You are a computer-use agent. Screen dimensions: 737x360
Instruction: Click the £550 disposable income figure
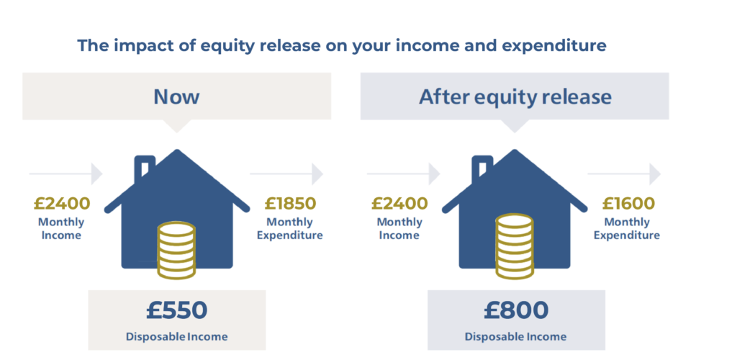(x=177, y=311)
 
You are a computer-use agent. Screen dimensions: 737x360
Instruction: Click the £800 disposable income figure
(x=516, y=310)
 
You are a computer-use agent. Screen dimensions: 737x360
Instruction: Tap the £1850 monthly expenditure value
(x=290, y=204)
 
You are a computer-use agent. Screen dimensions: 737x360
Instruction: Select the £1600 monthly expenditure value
(x=628, y=204)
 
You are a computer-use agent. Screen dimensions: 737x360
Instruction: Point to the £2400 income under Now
(x=62, y=204)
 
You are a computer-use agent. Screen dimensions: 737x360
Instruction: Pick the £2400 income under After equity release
(x=399, y=204)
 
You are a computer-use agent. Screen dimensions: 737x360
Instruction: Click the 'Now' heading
(x=177, y=96)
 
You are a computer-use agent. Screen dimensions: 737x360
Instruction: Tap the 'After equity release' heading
(x=515, y=96)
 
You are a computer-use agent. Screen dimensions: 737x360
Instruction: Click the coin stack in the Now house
(x=176, y=250)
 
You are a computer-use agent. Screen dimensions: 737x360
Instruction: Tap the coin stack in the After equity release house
(x=515, y=246)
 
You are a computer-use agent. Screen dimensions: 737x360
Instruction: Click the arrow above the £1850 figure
(x=286, y=174)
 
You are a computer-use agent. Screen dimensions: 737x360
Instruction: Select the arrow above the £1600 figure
(x=624, y=174)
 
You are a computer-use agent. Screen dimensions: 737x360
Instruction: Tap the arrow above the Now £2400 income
(x=65, y=174)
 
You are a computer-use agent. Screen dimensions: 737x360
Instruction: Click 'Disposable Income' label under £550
(x=177, y=337)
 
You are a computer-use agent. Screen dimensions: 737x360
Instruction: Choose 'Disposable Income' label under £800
(x=515, y=337)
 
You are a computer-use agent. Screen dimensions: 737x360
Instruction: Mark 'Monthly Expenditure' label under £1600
(x=627, y=228)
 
